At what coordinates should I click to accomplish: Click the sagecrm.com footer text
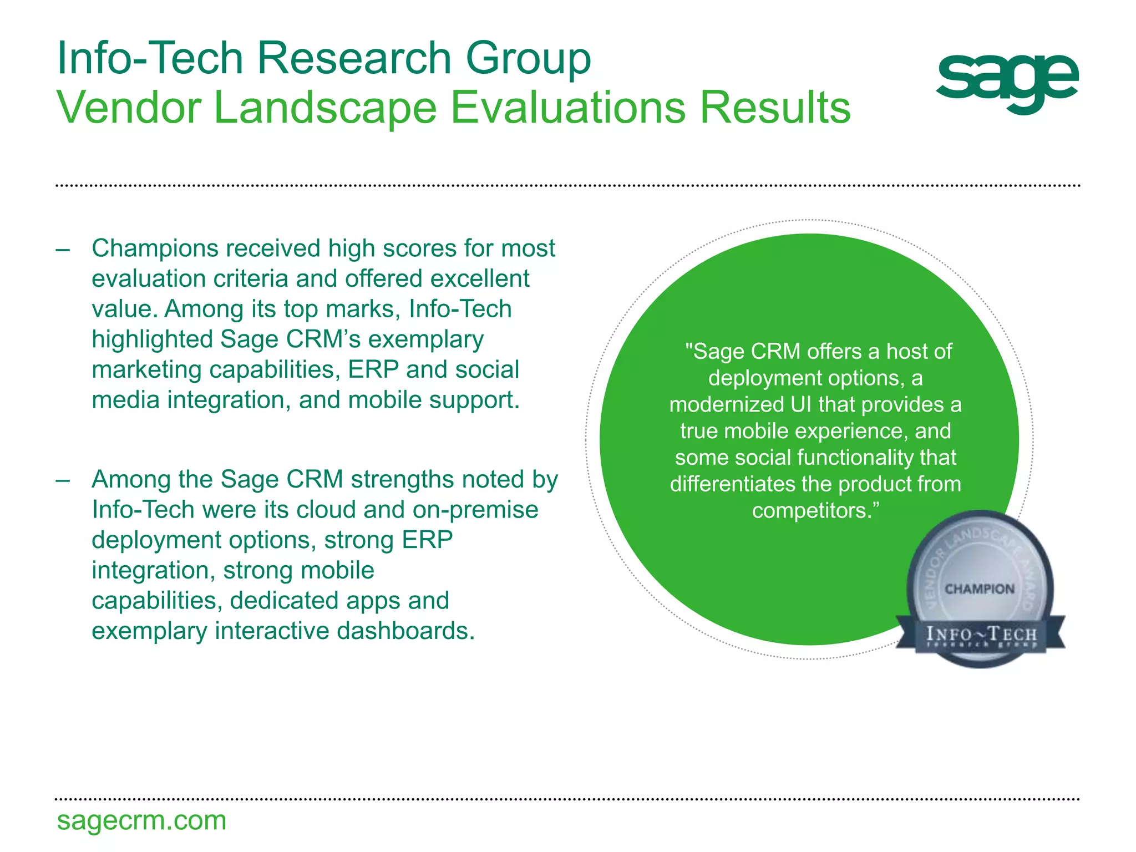point(141,820)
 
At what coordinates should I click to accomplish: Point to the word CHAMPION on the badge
point(980,589)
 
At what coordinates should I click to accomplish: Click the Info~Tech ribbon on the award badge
point(981,635)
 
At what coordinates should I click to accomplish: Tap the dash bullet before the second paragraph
point(63,480)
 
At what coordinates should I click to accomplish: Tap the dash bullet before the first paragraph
point(63,249)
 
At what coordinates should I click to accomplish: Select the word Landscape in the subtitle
point(325,108)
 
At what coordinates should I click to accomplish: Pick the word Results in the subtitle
point(775,108)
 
